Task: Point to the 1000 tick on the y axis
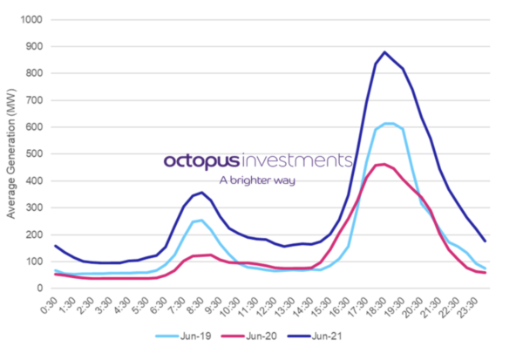32,19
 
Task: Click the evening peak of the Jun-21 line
384,51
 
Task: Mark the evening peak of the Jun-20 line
384,164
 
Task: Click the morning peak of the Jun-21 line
201,193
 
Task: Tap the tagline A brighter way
257,180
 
